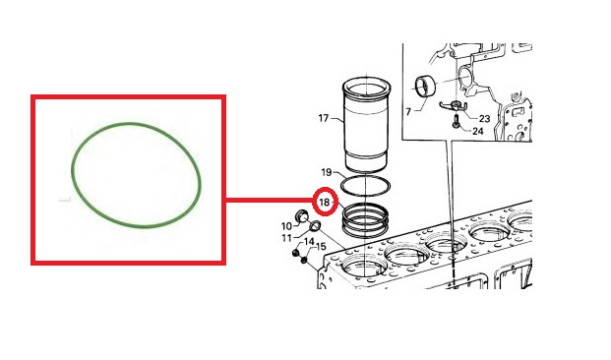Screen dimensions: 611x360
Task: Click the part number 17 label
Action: [x=324, y=118]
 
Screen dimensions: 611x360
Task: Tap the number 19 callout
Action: [x=327, y=172]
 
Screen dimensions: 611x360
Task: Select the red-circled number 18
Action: [x=325, y=202]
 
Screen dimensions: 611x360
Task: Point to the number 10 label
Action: [x=286, y=226]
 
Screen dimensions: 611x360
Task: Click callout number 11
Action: [x=286, y=238]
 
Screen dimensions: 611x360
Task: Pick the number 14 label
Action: [x=309, y=242]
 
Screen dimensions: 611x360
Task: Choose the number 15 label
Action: [x=321, y=246]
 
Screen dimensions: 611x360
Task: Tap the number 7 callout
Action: [x=408, y=112]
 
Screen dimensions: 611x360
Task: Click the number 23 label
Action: [x=484, y=118]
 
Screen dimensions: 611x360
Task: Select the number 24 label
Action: [x=478, y=131]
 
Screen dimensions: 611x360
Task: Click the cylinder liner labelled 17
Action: [x=366, y=125]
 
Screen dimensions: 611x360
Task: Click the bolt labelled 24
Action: [x=456, y=120]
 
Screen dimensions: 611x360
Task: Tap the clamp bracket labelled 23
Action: [x=454, y=106]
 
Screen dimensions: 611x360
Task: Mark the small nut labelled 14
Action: [x=295, y=254]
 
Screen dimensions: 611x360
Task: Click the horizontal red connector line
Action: [x=271, y=201]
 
